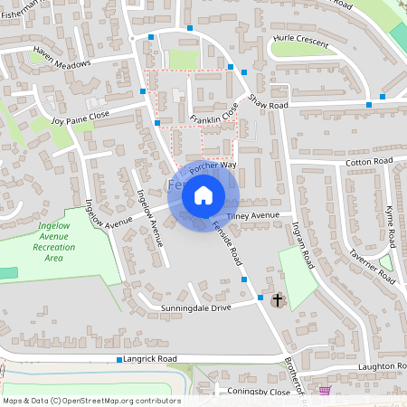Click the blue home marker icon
point(203,194)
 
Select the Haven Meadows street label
point(62,59)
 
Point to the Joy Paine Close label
point(80,118)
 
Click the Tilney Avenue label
point(254,216)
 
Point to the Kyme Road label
point(390,227)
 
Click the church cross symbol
point(277,299)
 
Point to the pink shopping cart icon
point(325,390)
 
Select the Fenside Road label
point(228,241)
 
